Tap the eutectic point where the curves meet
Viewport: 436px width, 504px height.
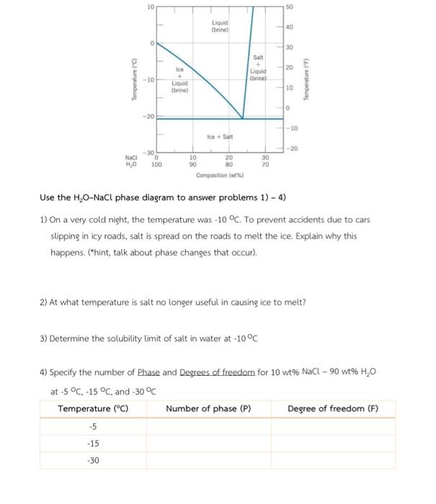click(x=243, y=118)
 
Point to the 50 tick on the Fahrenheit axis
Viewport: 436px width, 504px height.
click(x=288, y=6)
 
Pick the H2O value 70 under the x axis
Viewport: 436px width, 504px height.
click(x=265, y=164)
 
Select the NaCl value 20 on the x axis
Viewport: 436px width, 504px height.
click(x=229, y=157)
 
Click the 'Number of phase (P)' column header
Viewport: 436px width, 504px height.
click(x=208, y=408)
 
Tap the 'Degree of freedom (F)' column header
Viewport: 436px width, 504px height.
click(x=332, y=408)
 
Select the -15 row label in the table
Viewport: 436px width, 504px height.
click(x=93, y=444)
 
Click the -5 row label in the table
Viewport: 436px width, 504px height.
click(x=93, y=426)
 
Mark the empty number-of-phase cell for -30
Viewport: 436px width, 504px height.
click(x=209, y=460)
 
